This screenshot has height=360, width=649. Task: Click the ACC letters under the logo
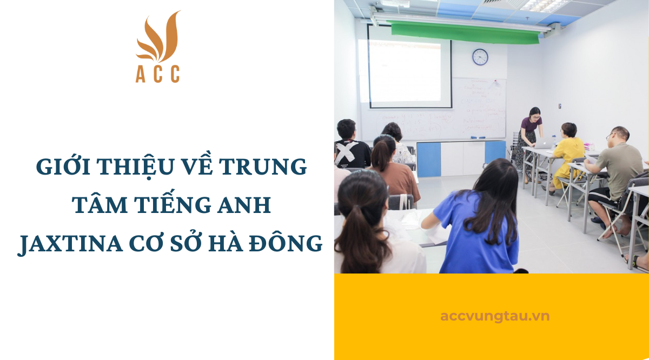click(x=157, y=75)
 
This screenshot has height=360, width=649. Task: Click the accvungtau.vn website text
click(x=494, y=316)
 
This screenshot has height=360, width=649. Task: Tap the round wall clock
click(x=480, y=57)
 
